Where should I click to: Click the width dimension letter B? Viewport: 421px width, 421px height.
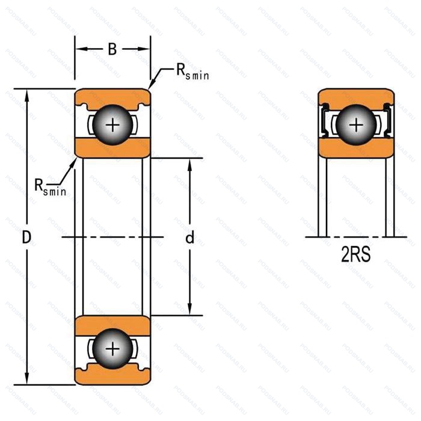coord(112,50)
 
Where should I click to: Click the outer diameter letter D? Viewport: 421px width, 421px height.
coord(26,238)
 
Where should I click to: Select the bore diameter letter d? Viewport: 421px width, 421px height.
coord(190,238)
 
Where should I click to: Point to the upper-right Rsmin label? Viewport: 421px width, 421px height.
coord(192,73)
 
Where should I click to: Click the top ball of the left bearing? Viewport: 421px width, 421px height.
coord(112,125)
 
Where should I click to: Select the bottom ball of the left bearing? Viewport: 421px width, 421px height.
coord(112,349)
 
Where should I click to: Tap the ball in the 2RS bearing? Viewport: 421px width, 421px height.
coord(357,125)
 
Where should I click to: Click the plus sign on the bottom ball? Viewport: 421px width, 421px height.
coord(112,349)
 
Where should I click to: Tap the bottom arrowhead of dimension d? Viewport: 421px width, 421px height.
coord(190,310)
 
